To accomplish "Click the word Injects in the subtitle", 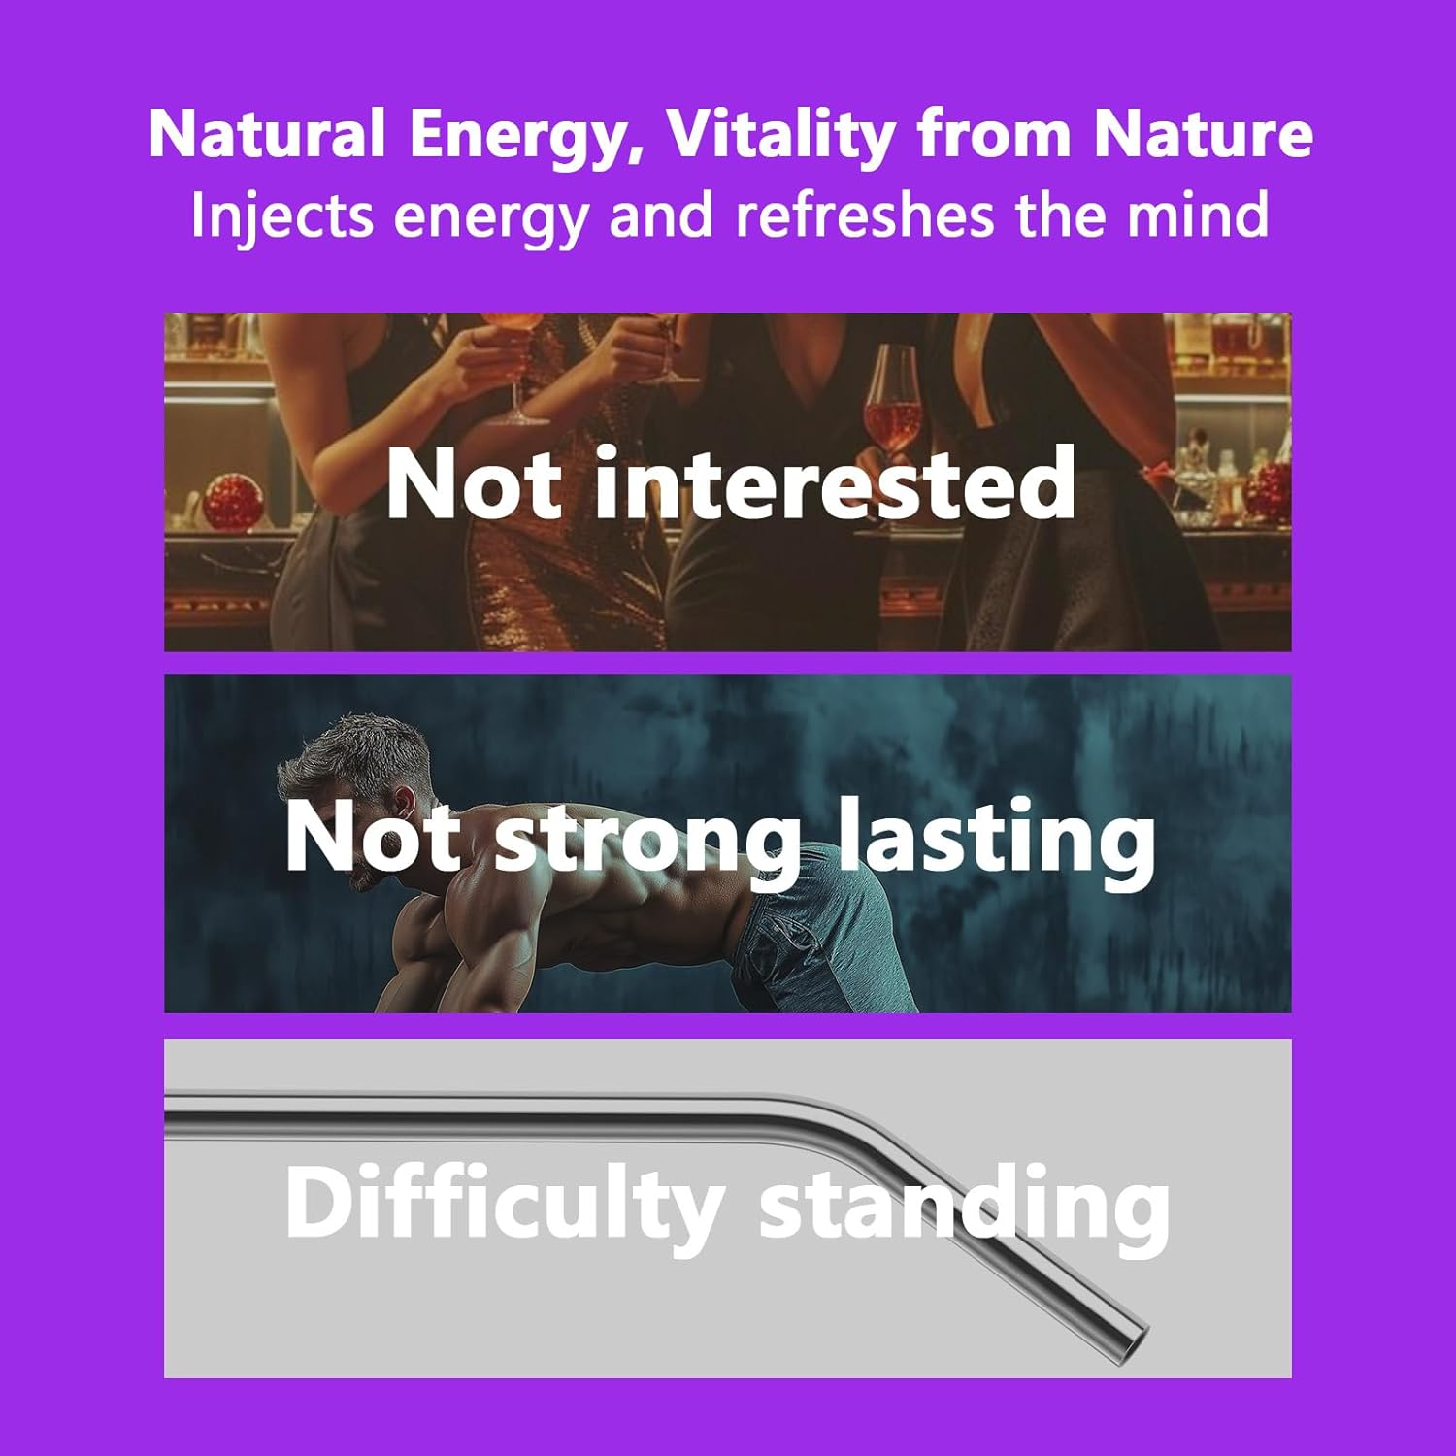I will pyautogui.click(x=281, y=215).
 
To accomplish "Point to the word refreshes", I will pyautogui.click(x=864, y=215).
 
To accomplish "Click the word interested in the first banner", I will pyautogui.click(x=835, y=482).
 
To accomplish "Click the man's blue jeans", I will pyautogui.click(x=815, y=932).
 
